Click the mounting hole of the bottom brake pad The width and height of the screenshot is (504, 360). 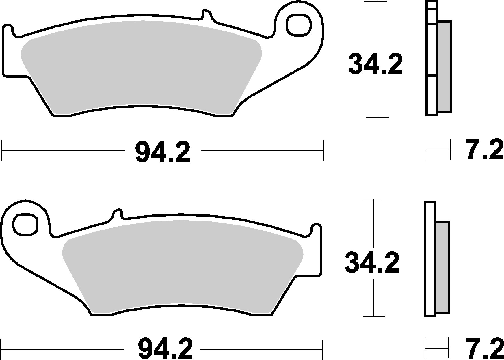(x=25, y=224)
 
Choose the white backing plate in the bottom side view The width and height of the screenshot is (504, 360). (x=430, y=259)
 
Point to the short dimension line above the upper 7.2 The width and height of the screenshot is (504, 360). (x=438, y=150)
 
